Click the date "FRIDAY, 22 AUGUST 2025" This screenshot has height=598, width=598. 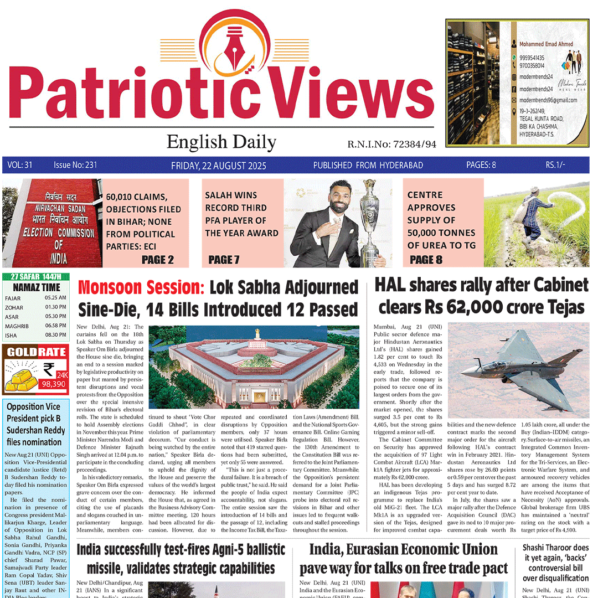(x=219, y=166)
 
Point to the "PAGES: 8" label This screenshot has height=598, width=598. (x=481, y=165)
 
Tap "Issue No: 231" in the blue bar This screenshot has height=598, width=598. (x=75, y=165)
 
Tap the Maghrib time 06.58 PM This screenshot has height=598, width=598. (x=55, y=326)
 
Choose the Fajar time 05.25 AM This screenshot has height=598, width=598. (x=55, y=298)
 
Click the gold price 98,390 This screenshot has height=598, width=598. (x=54, y=384)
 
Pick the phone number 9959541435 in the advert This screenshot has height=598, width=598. (x=532, y=58)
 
